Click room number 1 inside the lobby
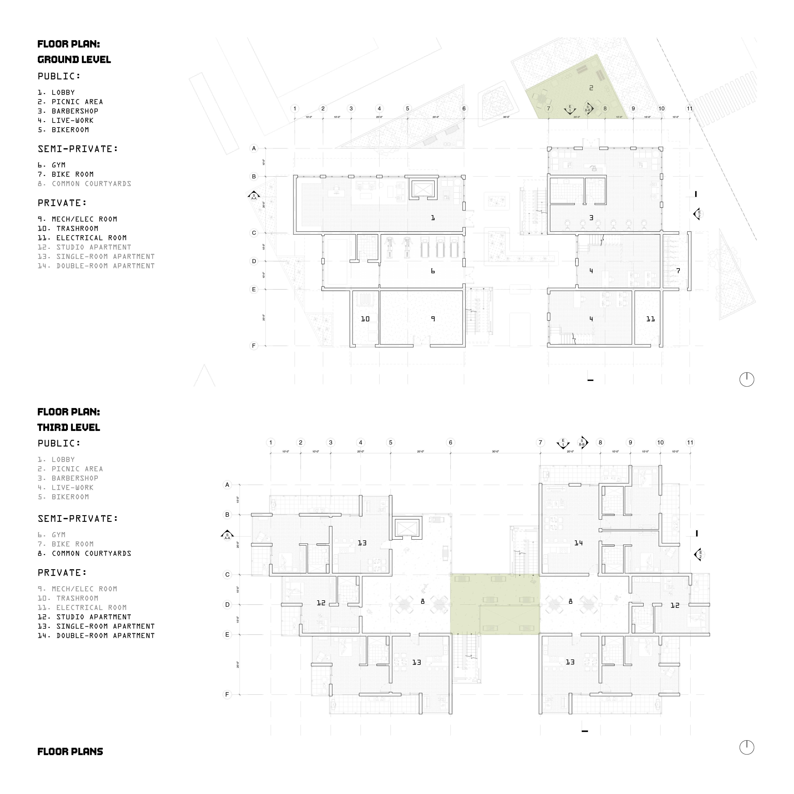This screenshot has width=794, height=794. click(433, 218)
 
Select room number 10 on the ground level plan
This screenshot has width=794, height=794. click(365, 319)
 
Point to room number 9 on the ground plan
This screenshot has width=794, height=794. click(433, 319)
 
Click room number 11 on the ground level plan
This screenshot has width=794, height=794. click(650, 319)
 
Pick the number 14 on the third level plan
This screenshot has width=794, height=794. click(578, 543)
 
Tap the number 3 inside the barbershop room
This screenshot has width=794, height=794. click(591, 218)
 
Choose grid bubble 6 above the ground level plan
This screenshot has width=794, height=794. click(464, 109)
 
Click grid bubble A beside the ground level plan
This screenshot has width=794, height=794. click(254, 148)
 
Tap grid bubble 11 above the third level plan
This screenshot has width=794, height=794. click(690, 443)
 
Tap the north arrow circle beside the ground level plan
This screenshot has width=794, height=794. click(747, 379)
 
